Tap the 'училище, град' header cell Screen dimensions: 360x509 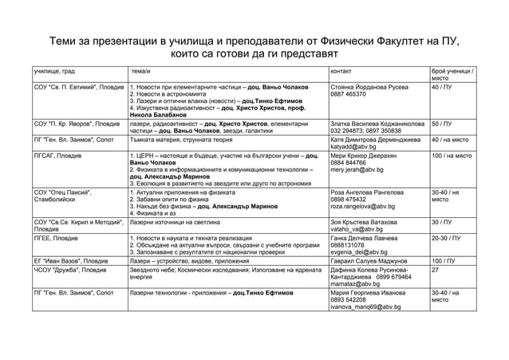click(x=55, y=72)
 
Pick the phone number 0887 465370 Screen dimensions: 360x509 click(x=349, y=94)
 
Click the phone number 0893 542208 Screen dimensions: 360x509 click(x=349, y=299)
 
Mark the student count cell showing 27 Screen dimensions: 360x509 click(x=435, y=270)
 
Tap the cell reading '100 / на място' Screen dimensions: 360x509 click(x=454, y=155)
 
